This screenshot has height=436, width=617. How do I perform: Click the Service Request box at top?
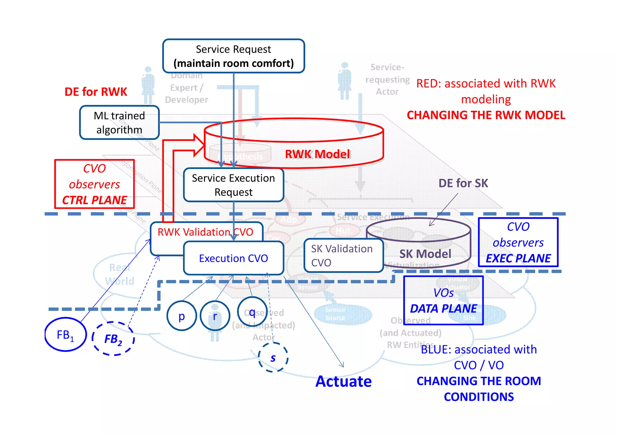coord(233,56)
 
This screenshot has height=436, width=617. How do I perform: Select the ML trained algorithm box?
coord(119,122)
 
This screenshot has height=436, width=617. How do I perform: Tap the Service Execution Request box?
coord(233,185)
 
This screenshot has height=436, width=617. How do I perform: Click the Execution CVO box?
coord(233,258)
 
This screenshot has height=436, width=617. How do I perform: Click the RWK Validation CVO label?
coord(205,232)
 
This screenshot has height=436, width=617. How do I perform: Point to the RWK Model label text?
coord(318,154)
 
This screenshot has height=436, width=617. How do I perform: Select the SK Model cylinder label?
coord(425,254)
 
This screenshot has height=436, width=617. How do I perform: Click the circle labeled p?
coord(182,316)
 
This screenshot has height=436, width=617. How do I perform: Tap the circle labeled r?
coord(215,316)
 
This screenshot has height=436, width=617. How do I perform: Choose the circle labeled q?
coord(252,312)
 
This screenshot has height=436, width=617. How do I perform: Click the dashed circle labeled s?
coord(273,358)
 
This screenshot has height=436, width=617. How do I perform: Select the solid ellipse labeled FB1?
coord(65,334)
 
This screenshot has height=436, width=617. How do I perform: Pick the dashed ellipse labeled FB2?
coord(113,339)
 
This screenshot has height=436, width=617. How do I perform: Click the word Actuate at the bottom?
coord(343,381)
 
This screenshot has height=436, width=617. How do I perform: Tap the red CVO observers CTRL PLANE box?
coord(94,184)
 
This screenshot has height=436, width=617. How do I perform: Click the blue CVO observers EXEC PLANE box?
coord(518,242)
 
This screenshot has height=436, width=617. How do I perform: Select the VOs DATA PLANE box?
coord(443,300)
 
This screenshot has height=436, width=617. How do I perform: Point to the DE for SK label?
coord(463,183)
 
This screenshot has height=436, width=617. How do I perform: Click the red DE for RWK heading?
coord(96,92)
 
